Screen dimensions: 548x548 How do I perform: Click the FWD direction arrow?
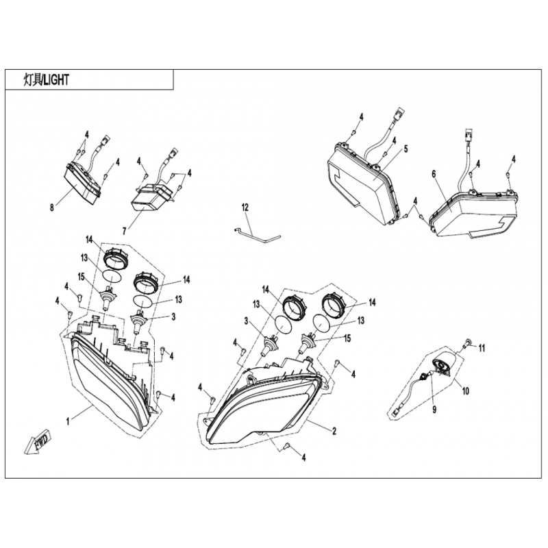pyautogui.click(x=38, y=443)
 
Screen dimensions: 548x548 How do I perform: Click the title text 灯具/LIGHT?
pyautogui.click(x=46, y=80)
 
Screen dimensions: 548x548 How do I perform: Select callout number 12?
pyautogui.click(x=245, y=208)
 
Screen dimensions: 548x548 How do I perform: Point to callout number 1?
pyautogui.click(x=68, y=421)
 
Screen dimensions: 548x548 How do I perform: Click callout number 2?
pyautogui.click(x=334, y=431)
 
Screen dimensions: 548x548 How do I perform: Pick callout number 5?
pyautogui.click(x=406, y=149)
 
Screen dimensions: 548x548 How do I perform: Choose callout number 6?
pyautogui.click(x=434, y=174)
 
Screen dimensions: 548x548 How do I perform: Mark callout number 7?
pyautogui.click(x=125, y=231)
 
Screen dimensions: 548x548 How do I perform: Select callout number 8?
pyautogui.click(x=52, y=208)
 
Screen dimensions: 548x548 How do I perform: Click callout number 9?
pyautogui.click(x=434, y=409)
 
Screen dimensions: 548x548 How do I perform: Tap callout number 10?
pyautogui.click(x=466, y=390)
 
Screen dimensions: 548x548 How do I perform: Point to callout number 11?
pyautogui.click(x=482, y=348)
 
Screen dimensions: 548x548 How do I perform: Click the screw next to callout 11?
pyautogui.click(x=467, y=343)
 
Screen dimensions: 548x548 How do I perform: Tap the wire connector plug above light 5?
pyautogui.click(x=399, y=112)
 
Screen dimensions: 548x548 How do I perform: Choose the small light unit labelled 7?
pyautogui.click(x=151, y=197)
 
